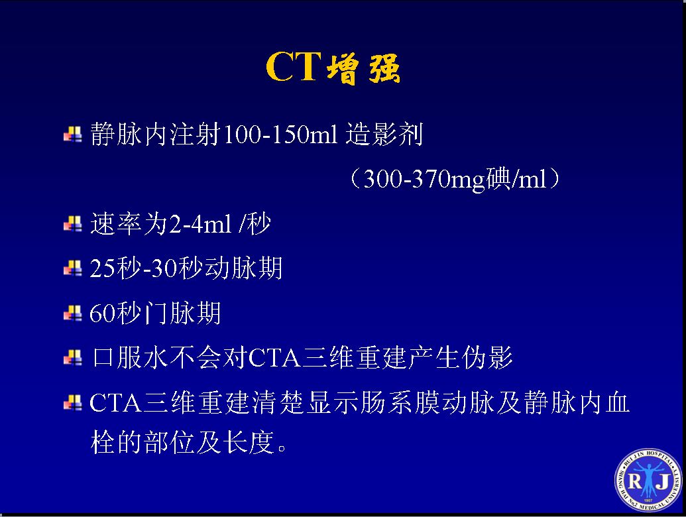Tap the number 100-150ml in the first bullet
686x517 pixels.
click(x=280, y=134)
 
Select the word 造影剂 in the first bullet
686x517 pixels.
click(x=384, y=134)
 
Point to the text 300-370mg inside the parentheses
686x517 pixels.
click(x=424, y=180)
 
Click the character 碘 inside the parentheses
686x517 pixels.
click(x=498, y=178)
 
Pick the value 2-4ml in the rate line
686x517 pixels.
click(x=200, y=225)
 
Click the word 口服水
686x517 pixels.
click(x=130, y=357)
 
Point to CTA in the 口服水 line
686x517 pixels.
click(x=275, y=358)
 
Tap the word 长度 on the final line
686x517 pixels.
click(x=249, y=441)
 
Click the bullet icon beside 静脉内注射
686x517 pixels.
click(x=73, y=135)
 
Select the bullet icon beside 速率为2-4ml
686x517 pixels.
click(x=73, y=224)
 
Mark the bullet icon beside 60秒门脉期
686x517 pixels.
click(x=73, y=313)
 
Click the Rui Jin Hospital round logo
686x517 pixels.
click(x=648, y=481)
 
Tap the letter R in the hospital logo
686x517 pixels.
click(x=635, y=481)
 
